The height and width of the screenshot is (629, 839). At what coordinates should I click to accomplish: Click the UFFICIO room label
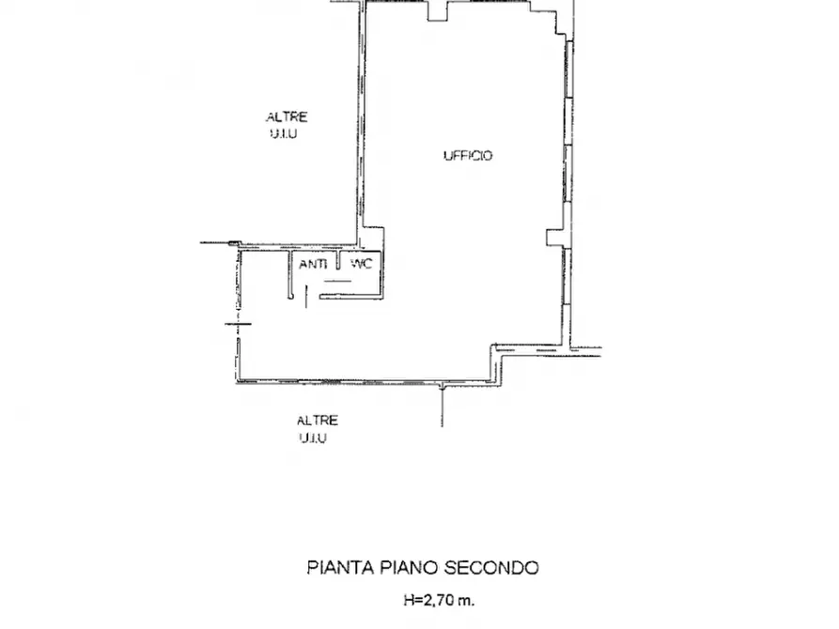[468, 156]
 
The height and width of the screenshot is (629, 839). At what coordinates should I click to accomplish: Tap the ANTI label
[313, 265]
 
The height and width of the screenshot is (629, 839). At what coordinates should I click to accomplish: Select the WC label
[362, 265]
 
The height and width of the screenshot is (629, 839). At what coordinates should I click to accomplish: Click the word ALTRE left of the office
[287, 117]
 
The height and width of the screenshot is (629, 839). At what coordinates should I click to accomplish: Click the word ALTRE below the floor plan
[317, 421]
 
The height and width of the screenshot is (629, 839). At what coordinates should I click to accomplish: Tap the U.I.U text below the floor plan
[314, 438]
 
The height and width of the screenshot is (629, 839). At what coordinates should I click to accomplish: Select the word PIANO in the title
[404, 567]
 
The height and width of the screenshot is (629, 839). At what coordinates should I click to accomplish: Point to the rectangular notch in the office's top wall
[439, 11]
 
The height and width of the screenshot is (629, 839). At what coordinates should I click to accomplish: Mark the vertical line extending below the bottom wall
[441, 406]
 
